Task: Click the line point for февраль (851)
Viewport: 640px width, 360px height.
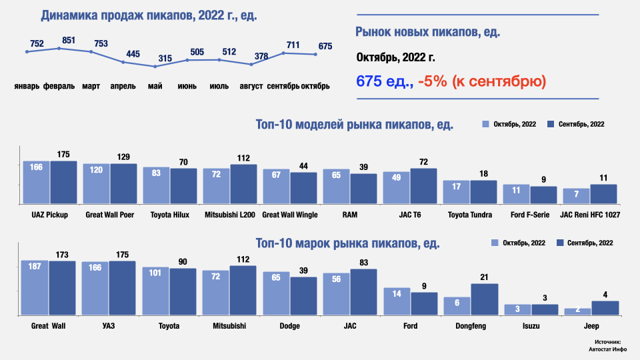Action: tap(59, 48)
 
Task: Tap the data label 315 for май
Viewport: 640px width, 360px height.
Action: tap(165, 59)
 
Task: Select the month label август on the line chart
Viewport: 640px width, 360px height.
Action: tap(251, 87)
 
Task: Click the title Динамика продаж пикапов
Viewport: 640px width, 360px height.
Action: tap(149, 15)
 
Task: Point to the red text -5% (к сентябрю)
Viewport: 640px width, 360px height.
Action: tap(482, 81)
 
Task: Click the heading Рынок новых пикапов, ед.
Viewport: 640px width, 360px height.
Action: tap(428, 31)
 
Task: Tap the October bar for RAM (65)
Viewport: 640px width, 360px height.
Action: tap(337, 186)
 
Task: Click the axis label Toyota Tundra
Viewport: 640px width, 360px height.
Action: tap(470, 215)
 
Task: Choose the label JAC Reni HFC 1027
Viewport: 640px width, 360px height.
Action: tap(590, 215)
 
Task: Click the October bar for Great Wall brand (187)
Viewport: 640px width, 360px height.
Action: tap(35, 287)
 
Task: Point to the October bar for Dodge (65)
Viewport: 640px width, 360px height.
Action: tap(276, 293)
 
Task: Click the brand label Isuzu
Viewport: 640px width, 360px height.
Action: tap(531, 326)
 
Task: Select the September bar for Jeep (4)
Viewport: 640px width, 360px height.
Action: tap(605, 307)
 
